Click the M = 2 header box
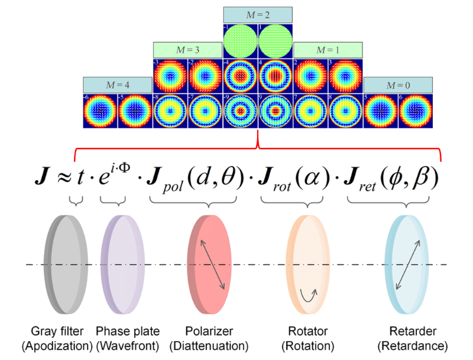[258, 15]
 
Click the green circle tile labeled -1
[241, 41]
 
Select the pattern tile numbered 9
[276, 112]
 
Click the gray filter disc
[69, 263]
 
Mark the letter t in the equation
[76, 179]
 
